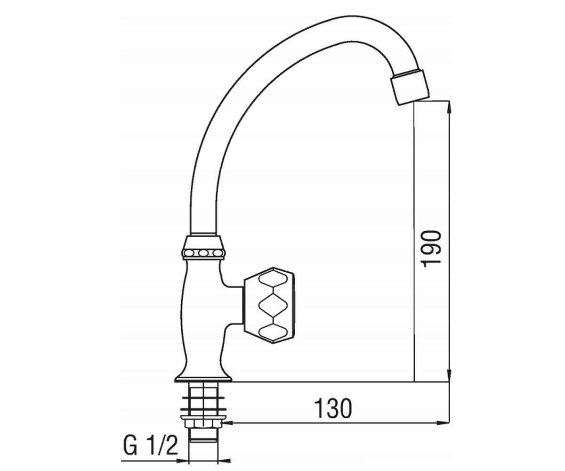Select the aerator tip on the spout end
pyautogui.click(x=410, y=87)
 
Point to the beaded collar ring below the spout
pyautogui.click(x=203, y=253)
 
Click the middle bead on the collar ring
pyautogui.click(x=203, y=253)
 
